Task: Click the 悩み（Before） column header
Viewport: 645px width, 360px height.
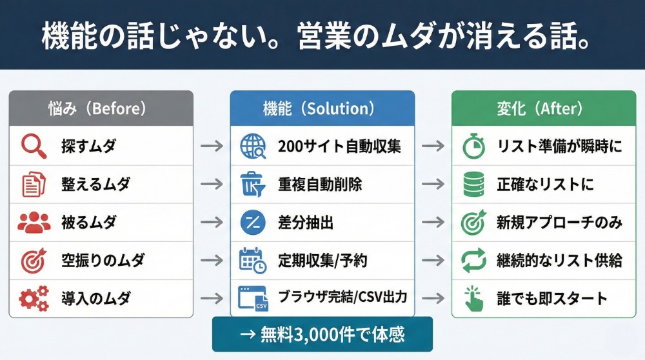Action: click(101, 108)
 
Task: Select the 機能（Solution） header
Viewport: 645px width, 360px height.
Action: click(322, 108)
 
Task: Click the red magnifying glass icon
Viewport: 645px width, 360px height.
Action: click(33, 146)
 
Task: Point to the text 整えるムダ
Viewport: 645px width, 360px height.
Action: click(95, 184)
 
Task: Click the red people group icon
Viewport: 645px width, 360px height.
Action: click(34, 223)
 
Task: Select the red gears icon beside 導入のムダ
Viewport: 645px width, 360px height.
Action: click(34, 299)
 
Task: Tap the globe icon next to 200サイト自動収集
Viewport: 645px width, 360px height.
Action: click(252, 146)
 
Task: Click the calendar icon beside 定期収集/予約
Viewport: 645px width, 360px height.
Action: click(252, 261)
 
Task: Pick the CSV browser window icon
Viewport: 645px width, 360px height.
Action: click(252, 299)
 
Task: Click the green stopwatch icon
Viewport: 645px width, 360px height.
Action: click(474, 146)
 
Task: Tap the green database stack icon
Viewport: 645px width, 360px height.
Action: click(474, 185)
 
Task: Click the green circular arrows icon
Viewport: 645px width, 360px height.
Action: click(474, 261)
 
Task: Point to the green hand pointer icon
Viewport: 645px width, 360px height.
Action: click(474, 299)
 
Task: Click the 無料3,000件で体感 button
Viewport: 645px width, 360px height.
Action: click(322, 335)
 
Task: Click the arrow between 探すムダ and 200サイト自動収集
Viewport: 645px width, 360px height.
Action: click(211, 146)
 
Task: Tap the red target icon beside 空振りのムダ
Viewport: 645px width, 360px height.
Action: click(34, 261)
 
